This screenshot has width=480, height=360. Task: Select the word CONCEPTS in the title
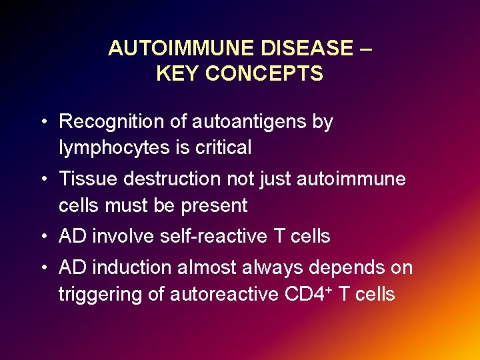tap(264, 73)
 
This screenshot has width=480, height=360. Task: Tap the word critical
tap(223, 148)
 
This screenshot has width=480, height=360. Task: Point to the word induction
tap(129, 268)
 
